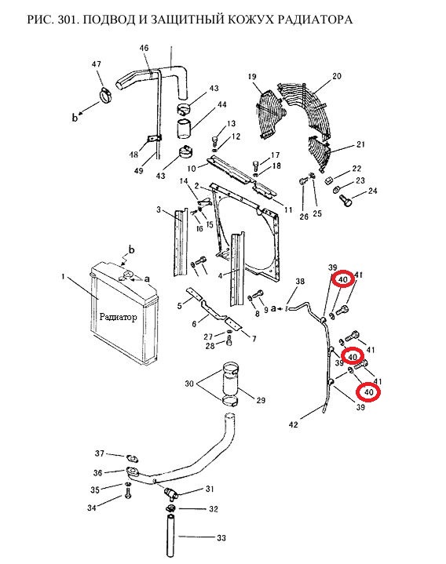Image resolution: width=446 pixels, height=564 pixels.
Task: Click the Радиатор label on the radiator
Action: click(x=118, y=317)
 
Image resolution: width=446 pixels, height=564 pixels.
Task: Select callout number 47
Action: click(x=96, y=64)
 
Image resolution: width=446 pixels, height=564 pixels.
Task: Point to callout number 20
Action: click(x=337, y=76)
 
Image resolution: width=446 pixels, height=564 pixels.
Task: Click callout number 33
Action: click(x=221, y=538)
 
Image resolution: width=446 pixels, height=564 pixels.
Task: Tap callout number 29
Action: click(x=261, y=400)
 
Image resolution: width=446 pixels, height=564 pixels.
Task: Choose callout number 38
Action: click(x=300, y=282)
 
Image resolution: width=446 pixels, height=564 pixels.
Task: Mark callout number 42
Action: click(x=294, y=424)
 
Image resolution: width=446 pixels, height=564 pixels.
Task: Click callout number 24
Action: click(x=372, y=191)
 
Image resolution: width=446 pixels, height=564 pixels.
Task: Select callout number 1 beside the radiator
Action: click(x=64, y=277)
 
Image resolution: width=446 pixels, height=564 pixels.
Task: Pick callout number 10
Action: click(x=192, y=169)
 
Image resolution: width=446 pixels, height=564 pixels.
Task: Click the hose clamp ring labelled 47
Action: click(x=105, y=95)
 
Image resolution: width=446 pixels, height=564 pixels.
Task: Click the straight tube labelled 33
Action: click(x=170, y=536)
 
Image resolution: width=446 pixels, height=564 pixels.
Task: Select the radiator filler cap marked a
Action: click(x=126, y=276)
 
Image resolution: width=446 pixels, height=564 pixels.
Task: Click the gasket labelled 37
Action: click(x=132, y=458)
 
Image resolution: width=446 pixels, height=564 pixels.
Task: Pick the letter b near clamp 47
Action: click(x=75, y=118)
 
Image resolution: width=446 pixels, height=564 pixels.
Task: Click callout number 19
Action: click(x=252, y=76)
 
